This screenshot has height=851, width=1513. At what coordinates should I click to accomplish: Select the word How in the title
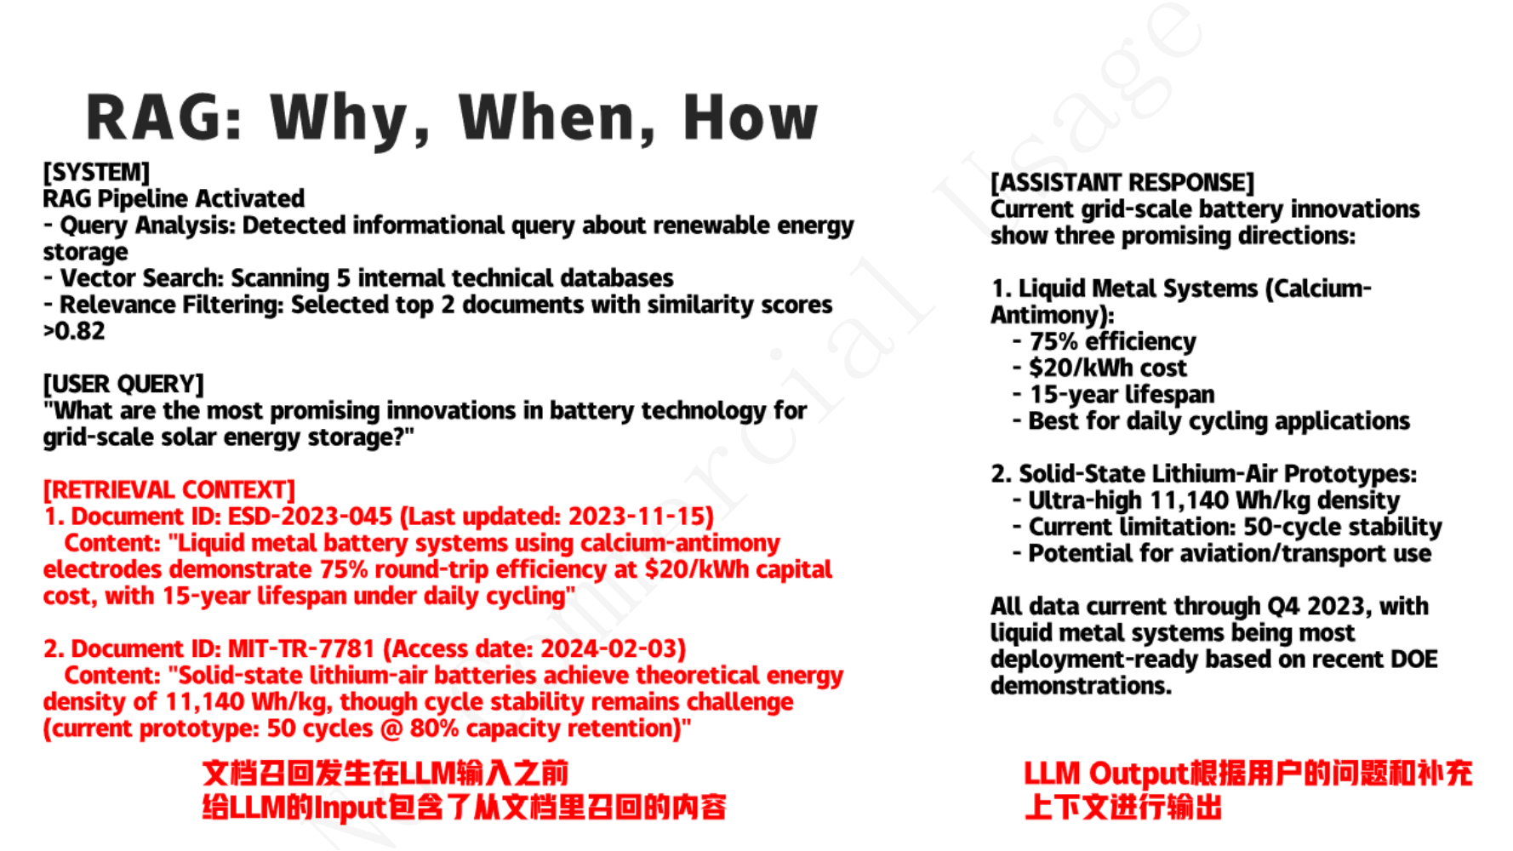751,117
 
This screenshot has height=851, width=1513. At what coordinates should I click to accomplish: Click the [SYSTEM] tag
96,172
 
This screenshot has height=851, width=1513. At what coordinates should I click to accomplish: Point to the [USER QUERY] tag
123,384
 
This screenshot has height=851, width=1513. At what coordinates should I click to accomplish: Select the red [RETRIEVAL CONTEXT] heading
169,489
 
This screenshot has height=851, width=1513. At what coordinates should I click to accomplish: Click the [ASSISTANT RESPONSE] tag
1122,182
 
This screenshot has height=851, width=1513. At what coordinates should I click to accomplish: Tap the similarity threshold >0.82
74,331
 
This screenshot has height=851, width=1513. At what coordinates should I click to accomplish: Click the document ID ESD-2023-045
310,517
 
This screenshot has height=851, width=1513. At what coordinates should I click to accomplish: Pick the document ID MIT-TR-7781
301,648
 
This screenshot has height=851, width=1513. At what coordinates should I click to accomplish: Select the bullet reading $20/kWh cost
1107,368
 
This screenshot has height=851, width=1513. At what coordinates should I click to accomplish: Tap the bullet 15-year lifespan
1122,394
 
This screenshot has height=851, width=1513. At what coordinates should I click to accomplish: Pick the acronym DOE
1413,659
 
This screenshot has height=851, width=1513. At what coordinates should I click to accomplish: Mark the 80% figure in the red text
434,728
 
